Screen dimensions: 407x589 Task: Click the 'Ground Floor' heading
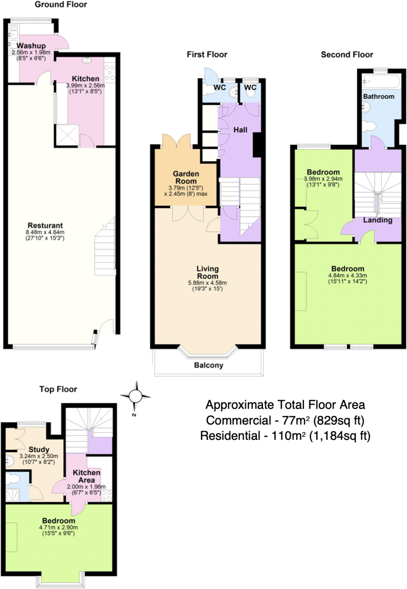pos(61,5)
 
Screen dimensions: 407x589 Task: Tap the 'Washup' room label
pos(31,46)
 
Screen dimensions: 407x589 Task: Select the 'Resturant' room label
pos(45,225)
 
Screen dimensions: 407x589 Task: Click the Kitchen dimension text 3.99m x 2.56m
pos(86,86)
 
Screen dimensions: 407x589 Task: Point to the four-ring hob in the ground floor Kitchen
pos(109,72)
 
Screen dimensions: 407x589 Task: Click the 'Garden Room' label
pos(186,178)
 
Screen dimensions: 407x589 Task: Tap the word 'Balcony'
pos(209,365)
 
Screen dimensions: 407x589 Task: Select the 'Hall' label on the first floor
pos(240,130)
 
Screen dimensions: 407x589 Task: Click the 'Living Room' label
pos(208,272)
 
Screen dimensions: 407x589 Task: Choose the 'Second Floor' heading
pos(347,55)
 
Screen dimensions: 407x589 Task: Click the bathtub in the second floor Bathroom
pos(382,82)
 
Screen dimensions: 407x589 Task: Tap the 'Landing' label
pos(378,220)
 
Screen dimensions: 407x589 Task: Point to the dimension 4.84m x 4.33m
pos(348,276)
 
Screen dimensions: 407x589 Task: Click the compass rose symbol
pos(136,396)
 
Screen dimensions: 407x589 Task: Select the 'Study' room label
pos(39,450)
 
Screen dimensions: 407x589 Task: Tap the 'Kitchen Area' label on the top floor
pos(86,476)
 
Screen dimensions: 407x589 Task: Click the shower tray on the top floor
pos(12,495)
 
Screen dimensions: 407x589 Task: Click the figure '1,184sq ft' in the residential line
pos(339,436)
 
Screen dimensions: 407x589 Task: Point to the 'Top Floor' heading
pos(58,389)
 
